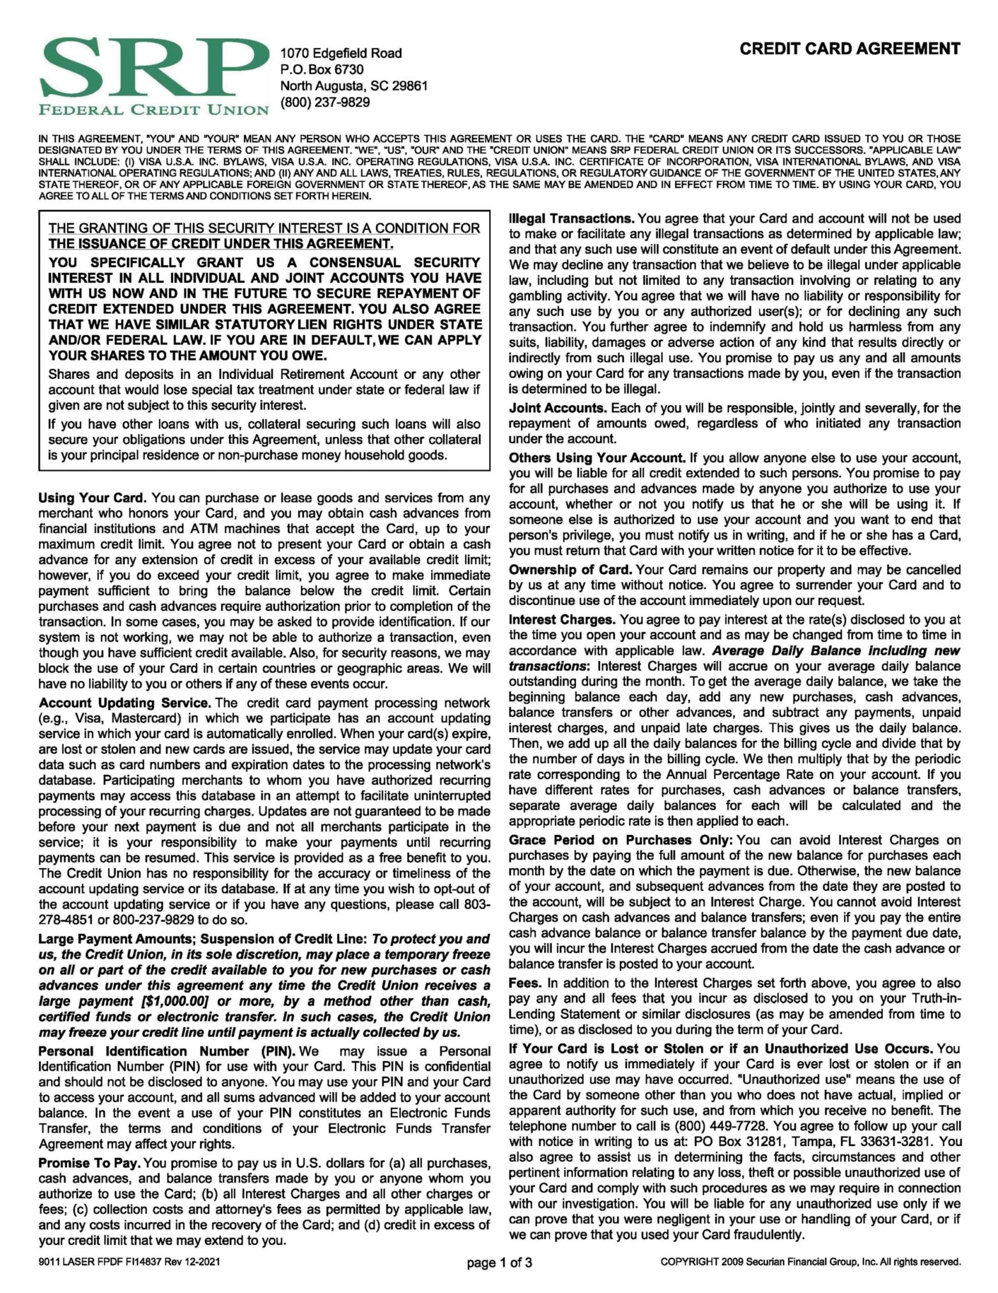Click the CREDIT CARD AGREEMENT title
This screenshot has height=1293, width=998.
tap(850, 49)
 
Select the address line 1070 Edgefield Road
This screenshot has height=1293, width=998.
tap(341, 53)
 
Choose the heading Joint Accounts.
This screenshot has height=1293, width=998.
tap(557, 408)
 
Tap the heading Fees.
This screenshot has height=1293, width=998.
tap(525, 983)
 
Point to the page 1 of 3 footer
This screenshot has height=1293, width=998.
tap(499, 1262)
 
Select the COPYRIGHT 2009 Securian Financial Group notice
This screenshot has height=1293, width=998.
tap(810, 1262)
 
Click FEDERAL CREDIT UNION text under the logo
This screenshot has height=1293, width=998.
tap(154, 110)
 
